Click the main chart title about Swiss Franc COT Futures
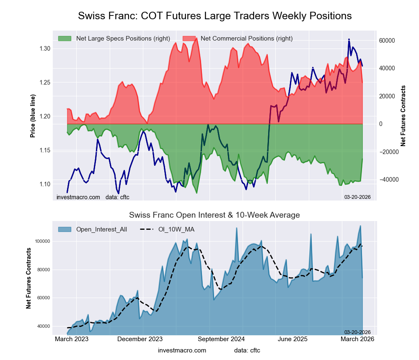point(215,16)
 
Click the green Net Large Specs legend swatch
point(65,39)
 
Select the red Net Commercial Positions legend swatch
point(189,39)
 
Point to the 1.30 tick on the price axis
point(44,49)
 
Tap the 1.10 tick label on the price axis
point(44,184)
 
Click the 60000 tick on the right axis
point(387,41)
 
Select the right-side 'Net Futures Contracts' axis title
point(403,116)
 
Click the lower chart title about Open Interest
point(215,215)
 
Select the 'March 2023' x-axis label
point(72,339)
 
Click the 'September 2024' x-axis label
point(221,339)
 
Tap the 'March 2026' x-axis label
point(357,339)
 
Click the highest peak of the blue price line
point(349,39)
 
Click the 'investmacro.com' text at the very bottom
point(182,350)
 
